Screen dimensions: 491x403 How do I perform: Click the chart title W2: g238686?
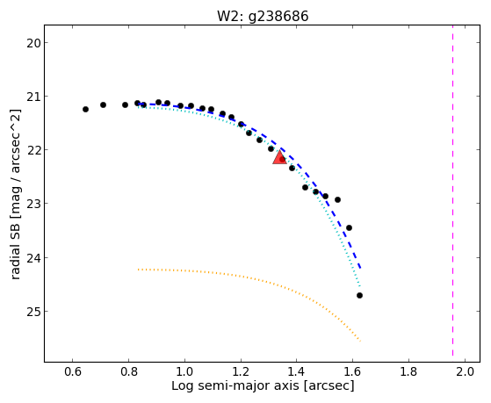coord(263,17)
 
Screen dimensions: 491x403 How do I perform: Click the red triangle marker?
coord(279,157)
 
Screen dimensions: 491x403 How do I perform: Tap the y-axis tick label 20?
coord(33,43)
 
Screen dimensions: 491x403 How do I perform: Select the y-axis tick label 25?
coord(33,312)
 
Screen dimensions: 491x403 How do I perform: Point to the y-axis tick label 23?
coord(33,204)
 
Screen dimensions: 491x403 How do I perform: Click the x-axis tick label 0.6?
coord(73,372)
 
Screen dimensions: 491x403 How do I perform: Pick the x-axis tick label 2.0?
coord(466,372)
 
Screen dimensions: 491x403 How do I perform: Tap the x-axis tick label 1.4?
coord(297,372)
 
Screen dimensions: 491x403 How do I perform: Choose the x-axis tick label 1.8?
coord(409,372)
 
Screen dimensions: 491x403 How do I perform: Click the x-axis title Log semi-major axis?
coord(235,385)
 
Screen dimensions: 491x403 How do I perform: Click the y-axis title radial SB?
coord(16,248)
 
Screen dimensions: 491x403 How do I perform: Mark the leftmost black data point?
coord(85,109)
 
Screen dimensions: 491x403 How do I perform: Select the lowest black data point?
coord(359,295)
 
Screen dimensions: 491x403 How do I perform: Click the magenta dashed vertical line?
coord(453,191)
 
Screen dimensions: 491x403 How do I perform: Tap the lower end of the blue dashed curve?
coord(361,268)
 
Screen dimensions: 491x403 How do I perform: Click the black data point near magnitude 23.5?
coord(350,227)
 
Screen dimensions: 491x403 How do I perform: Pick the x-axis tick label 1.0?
coord(184,372)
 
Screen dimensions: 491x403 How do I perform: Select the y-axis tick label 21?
coord(33,97)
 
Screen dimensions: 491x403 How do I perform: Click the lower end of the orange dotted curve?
coord(361,341)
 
